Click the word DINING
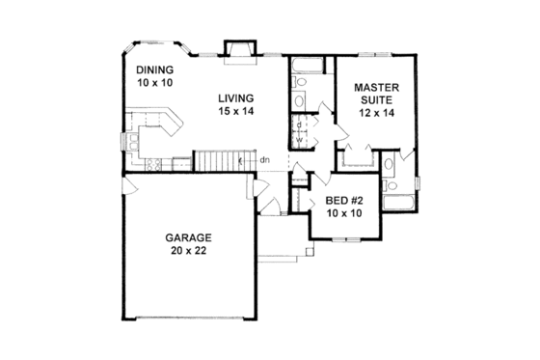(x=154, y=69)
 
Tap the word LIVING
(x=235, y=97)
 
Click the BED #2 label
(x=343, y=200)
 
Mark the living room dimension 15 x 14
(x=235, y=112)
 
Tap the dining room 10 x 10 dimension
(x=154, y=84)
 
